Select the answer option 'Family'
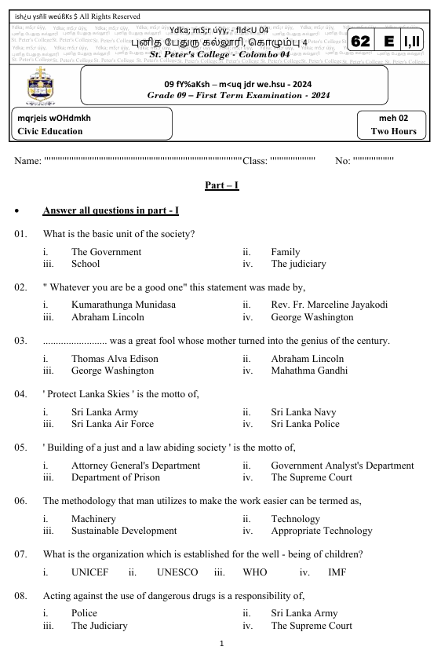(x=286, y=252)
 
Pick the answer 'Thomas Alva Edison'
(x=115, y=358)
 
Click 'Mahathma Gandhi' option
(x=310, y=371)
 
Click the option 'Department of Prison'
(x=116, y=477)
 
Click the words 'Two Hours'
(x=393, y=132)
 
